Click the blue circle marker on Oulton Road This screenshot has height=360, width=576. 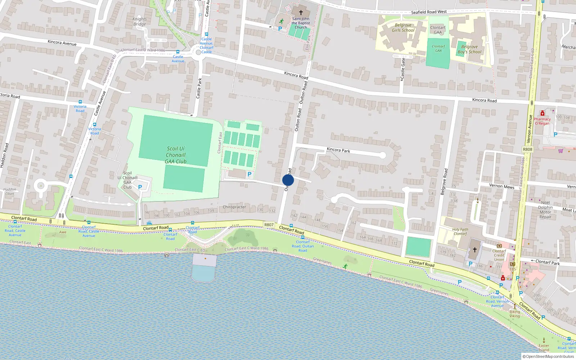288,180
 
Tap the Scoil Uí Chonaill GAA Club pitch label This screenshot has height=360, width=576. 176,155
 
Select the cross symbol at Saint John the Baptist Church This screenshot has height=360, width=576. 301,13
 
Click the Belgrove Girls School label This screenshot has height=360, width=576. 403,28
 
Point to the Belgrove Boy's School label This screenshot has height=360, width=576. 469,49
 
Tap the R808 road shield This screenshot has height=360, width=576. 527,149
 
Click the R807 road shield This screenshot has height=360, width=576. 269,225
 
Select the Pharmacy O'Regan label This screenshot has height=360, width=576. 542,121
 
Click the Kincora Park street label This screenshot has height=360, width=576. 338,150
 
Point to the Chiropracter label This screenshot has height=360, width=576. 234,207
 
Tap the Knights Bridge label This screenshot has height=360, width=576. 140,22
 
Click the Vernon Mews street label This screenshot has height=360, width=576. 501,186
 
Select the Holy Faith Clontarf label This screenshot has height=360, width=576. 460,231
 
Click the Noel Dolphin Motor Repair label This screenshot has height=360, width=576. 545,210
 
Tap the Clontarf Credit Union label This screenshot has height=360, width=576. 499,255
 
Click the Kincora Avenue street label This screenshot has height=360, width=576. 62,42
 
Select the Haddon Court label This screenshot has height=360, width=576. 10,191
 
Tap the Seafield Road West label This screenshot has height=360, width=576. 429,12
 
